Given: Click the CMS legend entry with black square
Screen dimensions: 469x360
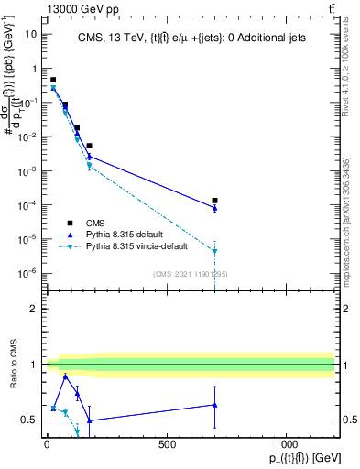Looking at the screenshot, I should tap(71, 223).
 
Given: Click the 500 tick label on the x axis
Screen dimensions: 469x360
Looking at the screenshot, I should tap(167, 444).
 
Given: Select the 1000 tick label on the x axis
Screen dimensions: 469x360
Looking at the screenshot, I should tap(286, 444).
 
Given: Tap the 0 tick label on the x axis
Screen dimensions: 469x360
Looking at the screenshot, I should tap(47, 444).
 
